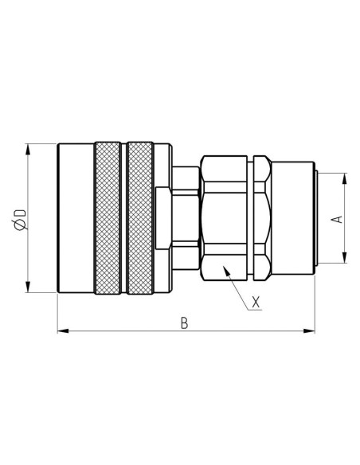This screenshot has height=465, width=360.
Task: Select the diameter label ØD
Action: point(20,218)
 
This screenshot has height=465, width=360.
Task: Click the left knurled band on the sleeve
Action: point(108,218)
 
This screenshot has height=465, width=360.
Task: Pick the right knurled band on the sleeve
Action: point(140,218)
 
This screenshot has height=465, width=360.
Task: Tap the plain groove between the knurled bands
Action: point(124,218)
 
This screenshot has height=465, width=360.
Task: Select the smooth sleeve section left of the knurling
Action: point(76,218)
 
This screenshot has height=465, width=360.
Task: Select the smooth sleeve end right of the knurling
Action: point(162,218)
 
